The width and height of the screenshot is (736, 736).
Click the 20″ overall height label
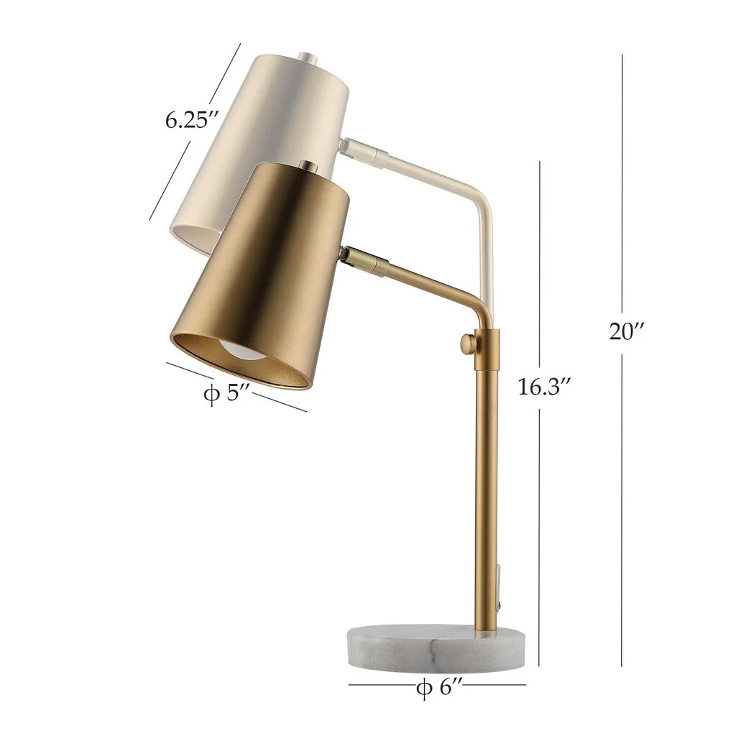(x=626, y=332)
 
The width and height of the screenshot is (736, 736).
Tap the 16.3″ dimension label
(x=544, y=387)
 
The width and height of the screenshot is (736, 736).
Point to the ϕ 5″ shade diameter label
(x=226, y=395)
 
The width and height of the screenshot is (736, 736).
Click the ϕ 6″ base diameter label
(x=438, y=688)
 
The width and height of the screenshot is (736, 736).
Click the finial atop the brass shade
(x=308, y=167)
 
